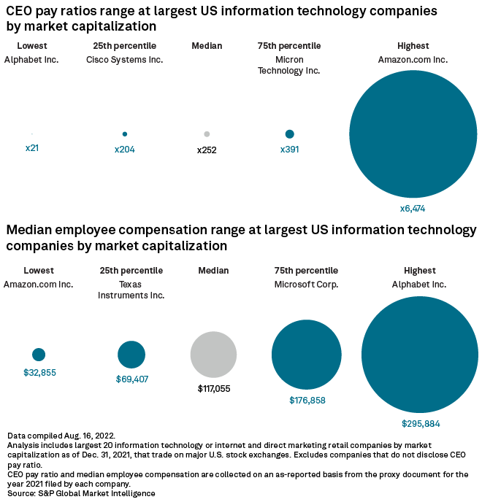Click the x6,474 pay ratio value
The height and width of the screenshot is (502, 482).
click(412, 209)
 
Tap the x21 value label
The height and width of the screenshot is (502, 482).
click(31, 149)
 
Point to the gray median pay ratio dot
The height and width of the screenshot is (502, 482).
click(207, 134)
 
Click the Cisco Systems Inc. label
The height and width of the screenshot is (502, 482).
click(125, 60)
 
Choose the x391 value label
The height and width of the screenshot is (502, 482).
click(289, 150)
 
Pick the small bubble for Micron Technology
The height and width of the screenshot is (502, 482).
click(289, 134)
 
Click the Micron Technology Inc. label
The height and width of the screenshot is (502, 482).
click(289, 65)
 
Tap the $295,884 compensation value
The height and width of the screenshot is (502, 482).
click(421, 423)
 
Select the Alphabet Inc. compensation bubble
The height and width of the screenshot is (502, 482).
click(420, 355)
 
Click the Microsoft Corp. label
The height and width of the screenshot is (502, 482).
click(307, 285)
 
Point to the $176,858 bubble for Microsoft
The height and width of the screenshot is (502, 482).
click(307, 355)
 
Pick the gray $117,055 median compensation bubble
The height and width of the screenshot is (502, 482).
click(213, 355)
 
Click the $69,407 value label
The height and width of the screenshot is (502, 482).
click(131, 379)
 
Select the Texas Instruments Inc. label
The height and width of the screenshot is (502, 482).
click(131, 290)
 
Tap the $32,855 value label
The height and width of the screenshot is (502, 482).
click(39, 373)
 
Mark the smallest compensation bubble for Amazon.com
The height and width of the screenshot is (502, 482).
click(39, 355)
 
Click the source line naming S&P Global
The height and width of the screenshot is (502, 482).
click(81, 494)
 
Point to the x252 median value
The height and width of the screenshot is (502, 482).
click(207, 150)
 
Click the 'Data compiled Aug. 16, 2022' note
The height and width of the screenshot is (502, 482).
click(61, 436)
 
